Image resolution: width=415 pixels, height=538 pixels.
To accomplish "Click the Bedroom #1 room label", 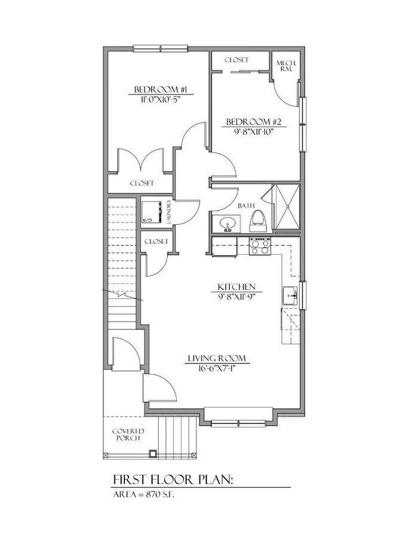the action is (x=161, y=90).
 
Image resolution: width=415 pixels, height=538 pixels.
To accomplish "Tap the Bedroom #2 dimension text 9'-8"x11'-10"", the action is (x=253, y=132).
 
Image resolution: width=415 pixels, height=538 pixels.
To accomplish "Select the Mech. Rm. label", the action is (x=286, y=66).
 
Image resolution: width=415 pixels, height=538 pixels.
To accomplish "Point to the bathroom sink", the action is (x=226, y=224).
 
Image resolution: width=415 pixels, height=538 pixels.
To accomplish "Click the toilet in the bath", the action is (x=259, y=221).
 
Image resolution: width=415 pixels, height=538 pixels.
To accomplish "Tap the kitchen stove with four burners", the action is (x=260, y=246).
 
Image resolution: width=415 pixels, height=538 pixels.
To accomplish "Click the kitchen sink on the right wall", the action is (x=290, y=295).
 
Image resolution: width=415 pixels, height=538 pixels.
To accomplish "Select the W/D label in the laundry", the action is (x=146, y=219).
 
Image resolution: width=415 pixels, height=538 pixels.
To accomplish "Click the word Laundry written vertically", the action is (x=168, y=212).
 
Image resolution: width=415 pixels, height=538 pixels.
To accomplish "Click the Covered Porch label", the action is (x=128, y=435).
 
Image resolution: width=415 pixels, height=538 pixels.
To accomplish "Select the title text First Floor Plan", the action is (x=173, y=479).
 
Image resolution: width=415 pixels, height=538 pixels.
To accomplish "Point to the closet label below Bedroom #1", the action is (x=142, y=184).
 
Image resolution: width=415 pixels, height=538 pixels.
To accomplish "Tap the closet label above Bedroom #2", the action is (x=237, y=60).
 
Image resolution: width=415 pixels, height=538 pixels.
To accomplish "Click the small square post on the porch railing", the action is (x=153, y=454).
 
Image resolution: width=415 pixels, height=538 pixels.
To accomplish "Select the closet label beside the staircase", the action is (x=156, y=242).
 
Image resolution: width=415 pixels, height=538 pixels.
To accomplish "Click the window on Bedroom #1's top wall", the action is (x=161, y=48).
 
